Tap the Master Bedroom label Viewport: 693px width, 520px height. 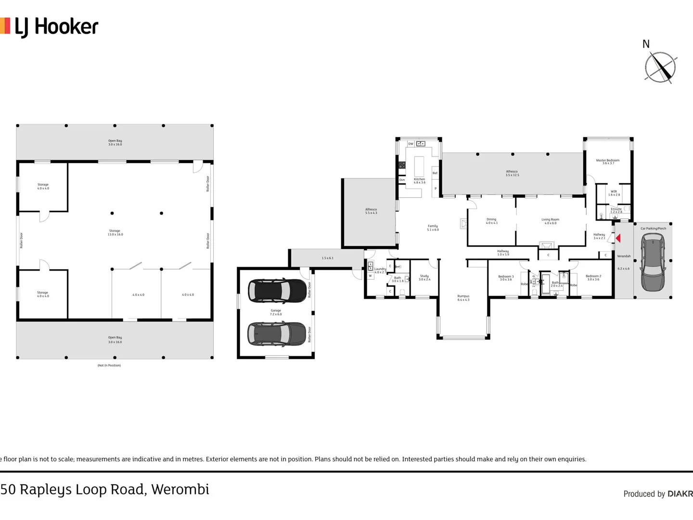point(608,162)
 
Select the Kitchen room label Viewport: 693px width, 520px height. point(419,181)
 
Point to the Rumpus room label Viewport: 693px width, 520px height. point(463,298)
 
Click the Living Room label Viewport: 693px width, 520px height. point(550,221)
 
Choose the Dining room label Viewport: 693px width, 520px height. point(491,221)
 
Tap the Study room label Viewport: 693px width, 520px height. point(424,277)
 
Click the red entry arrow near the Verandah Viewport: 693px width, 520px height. point(618,238)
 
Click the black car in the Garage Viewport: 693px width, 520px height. point(277,291)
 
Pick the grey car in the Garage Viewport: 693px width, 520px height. point(277,334)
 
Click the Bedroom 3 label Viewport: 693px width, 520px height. point(505,278)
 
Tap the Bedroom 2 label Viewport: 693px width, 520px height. point(593,277)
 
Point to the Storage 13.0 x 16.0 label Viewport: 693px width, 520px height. point(115,233)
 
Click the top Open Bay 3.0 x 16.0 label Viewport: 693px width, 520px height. point(115,143)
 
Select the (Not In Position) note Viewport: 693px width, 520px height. point(109,365)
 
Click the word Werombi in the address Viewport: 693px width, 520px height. point(180,489)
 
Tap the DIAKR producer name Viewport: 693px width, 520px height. point(680,494)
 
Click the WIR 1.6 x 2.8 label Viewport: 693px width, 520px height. point(614,193)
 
